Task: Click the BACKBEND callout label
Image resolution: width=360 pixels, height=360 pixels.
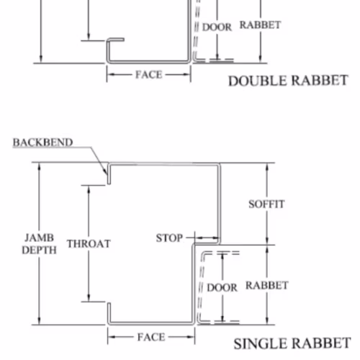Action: [42, 143]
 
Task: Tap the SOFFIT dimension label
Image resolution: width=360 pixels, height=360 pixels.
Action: [266, 204]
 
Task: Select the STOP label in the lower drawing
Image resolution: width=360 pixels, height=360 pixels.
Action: [169, 238]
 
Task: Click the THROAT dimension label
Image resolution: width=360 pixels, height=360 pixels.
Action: [89, 244]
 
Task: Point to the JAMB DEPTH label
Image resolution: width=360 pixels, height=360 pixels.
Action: [39, 244]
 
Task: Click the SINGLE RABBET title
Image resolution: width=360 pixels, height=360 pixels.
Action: [292, 343]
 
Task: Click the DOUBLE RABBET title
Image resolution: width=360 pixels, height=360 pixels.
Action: [288, 81]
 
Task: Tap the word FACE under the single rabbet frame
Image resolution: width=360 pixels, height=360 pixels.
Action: [151, 337]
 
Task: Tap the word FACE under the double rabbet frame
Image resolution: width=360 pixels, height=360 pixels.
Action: [149, 75]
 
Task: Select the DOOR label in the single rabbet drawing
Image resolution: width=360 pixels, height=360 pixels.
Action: [222, 287]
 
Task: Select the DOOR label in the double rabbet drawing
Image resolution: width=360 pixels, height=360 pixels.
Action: [217, 27]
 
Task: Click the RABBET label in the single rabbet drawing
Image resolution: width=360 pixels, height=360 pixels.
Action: [267, 285]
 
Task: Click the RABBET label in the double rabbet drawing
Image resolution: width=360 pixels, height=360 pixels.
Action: [261, 25]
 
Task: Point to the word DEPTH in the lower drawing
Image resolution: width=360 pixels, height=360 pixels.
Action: [39, 251]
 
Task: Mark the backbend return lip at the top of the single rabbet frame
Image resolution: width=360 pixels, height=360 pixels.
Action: [109, 174]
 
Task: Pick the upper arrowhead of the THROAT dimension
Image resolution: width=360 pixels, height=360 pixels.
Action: [89, 190]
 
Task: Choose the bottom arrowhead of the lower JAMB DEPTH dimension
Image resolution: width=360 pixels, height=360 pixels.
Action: [40, 321]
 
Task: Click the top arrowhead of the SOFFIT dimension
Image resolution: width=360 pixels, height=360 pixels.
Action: [267, 167]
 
